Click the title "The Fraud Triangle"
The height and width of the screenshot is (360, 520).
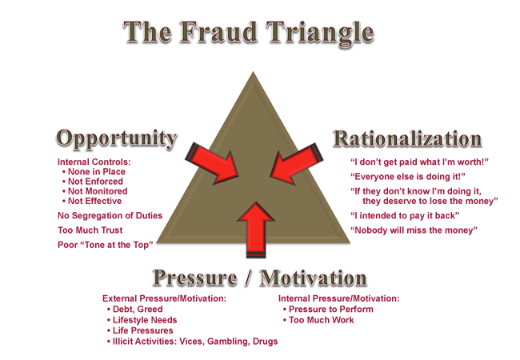[249, 33]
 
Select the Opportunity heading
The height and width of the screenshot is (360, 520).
[116, 138]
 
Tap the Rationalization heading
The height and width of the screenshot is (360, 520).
[407, 138]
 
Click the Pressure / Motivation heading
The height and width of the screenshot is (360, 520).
[259, 278]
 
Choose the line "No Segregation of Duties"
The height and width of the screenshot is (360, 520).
[110, 215]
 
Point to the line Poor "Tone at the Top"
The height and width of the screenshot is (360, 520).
[106, 244]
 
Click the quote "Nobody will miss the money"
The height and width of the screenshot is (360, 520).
[414, 230]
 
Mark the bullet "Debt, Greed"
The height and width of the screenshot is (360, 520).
[137, 309]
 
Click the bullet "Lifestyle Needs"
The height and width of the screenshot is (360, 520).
[145, 320]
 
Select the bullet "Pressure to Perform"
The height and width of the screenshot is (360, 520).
[332, 309]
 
